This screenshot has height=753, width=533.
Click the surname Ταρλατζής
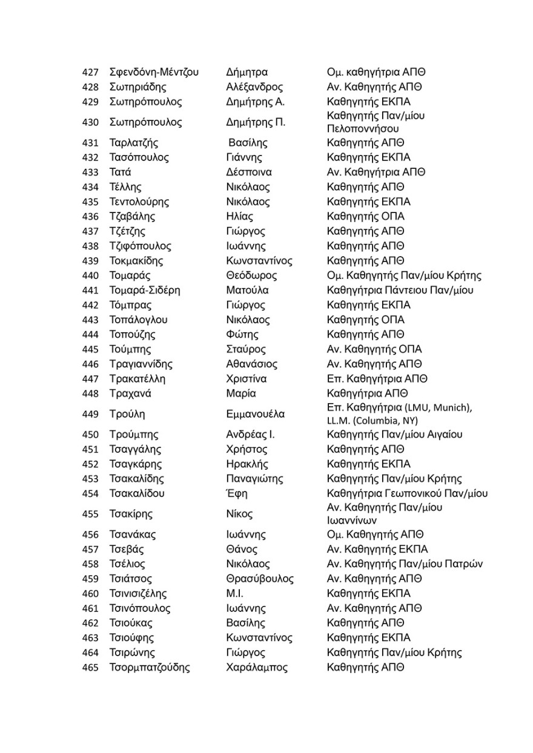(x=134, y=143)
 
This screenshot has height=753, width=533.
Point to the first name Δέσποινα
(x=251, y=172)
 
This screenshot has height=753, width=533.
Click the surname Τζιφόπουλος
(x=141, y=246)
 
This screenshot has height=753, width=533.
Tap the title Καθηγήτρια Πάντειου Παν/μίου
(x=400, y=290)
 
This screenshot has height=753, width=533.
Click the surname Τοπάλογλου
(x=139, y=320)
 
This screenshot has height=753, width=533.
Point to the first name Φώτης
(x=242, y=334)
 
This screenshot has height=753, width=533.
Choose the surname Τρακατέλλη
(x=137, y=379)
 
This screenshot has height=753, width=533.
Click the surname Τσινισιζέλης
(x=138, y=593)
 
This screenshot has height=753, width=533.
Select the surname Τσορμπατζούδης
(x=150, y=668)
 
